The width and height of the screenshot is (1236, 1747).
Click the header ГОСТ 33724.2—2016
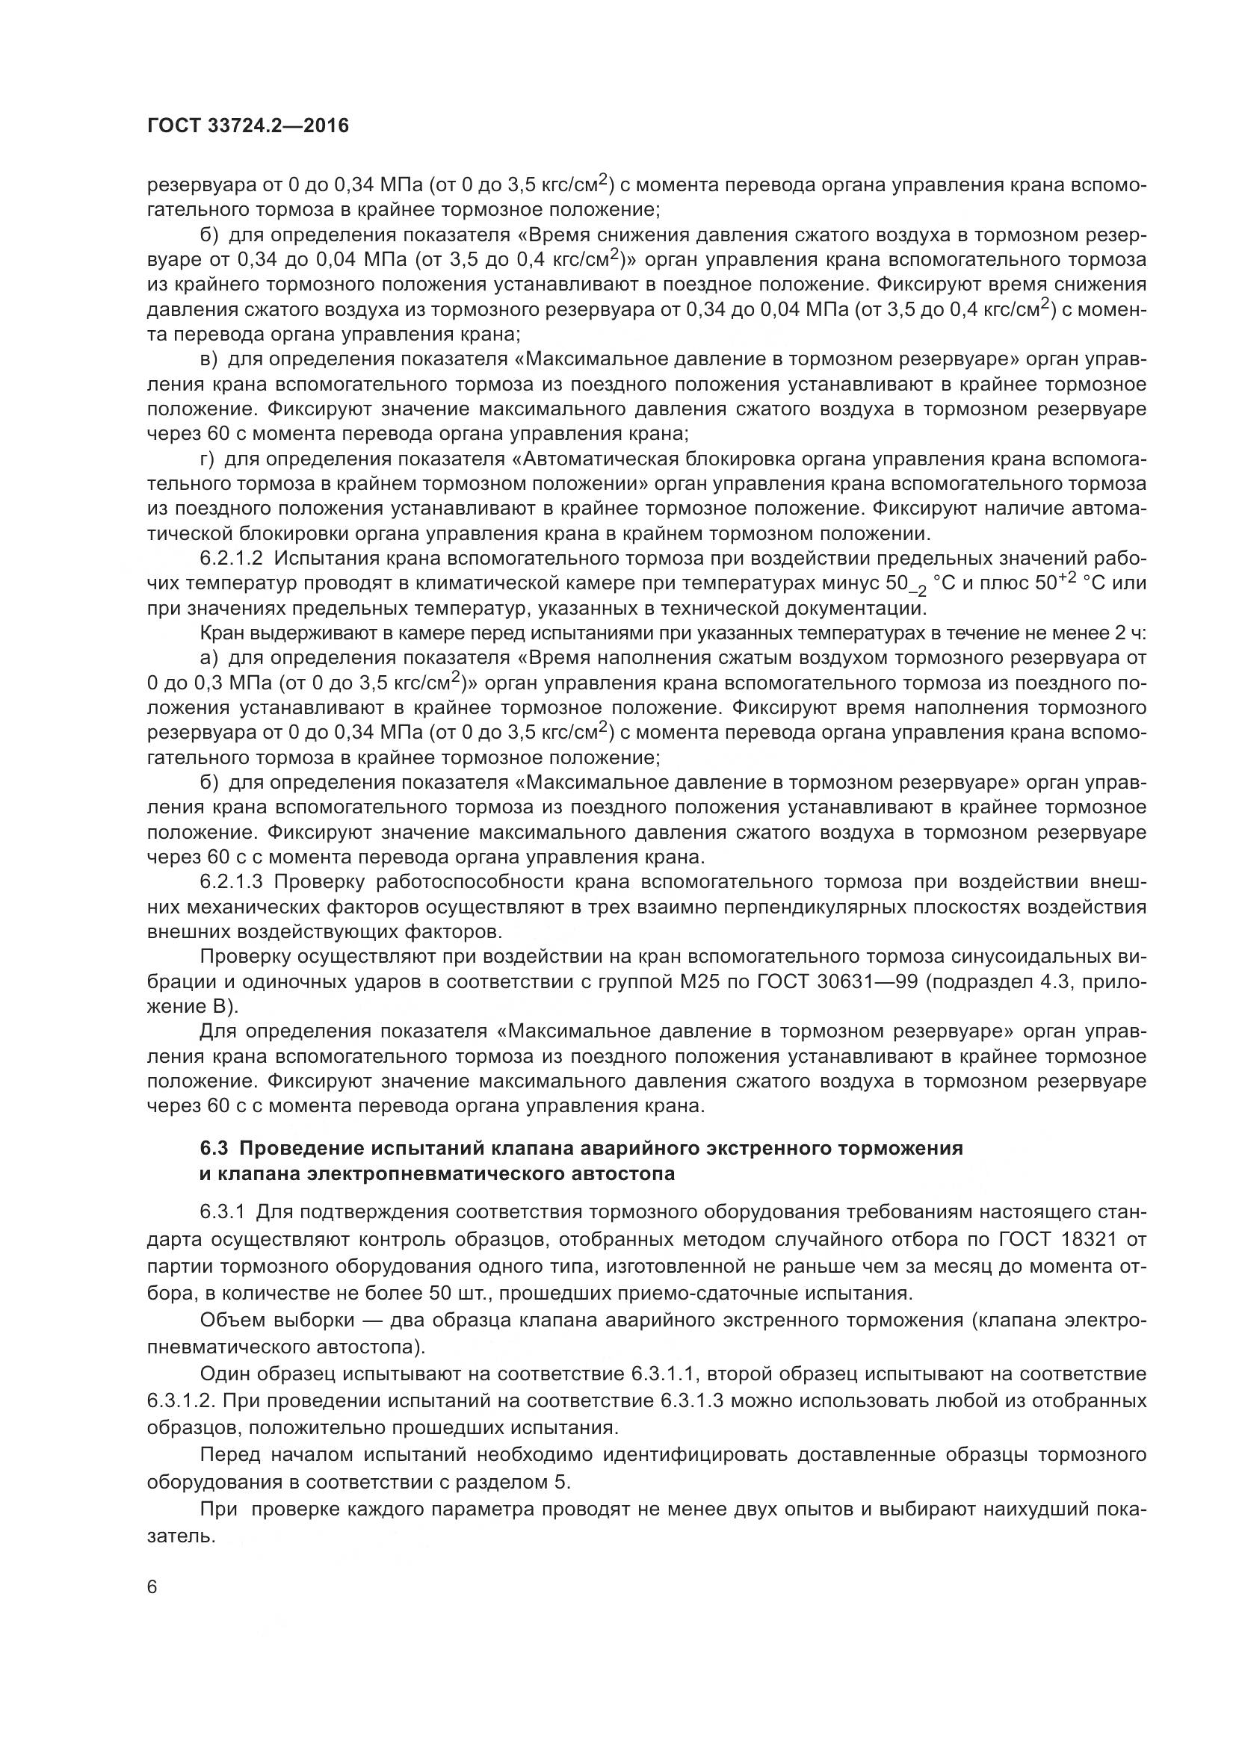247,125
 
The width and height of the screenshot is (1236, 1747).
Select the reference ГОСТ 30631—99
837,982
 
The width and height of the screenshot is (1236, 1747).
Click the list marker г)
207,459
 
